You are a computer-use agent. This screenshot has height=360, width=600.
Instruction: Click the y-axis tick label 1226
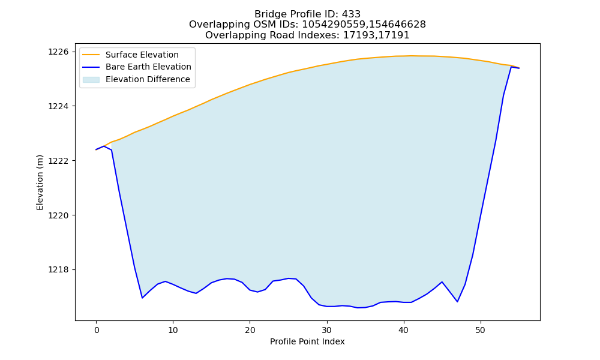click(59, 52)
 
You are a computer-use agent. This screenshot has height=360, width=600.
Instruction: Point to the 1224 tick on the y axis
click(59, 106)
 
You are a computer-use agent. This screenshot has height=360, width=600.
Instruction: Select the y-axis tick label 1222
click(59, 161)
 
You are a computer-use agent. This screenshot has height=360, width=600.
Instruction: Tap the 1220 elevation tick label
click(59, 215)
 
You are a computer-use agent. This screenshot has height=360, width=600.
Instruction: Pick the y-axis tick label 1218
click(59, 270)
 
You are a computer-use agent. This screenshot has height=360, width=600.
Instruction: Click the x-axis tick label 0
click(96, 330)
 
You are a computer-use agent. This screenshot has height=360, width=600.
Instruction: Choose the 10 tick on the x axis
click(173, 330)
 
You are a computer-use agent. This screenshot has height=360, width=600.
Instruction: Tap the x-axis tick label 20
click(250, 330)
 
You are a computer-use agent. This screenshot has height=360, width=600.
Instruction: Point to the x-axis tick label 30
click(327, 330)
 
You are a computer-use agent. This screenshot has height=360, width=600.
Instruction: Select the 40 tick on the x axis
click(403, 330)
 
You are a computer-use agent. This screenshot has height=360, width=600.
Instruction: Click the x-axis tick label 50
click(480, 330)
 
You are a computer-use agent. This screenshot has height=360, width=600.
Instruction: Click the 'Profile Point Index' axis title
click(307, 341)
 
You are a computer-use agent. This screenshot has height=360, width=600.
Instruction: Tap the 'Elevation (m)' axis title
click(40, 182)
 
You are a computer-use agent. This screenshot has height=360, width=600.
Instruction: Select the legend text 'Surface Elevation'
click(142, 55)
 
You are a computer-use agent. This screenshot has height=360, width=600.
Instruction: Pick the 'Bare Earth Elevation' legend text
click(148, 67)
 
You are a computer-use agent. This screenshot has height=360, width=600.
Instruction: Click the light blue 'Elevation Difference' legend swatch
click(91, 80)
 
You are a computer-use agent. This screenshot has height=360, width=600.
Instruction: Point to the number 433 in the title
click(351, 14)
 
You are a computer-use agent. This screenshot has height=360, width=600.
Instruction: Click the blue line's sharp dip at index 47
click(457, 301)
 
